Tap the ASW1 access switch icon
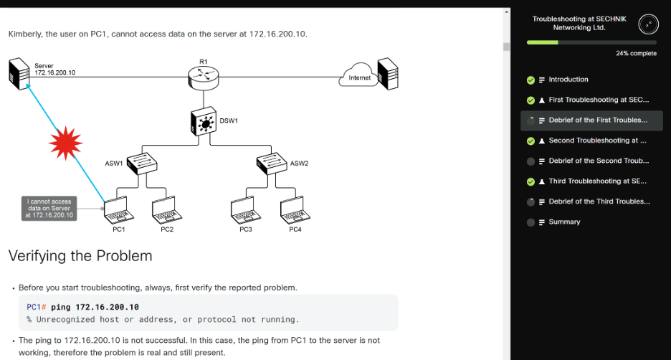tap(142, 163)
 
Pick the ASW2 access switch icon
tap(272, 163)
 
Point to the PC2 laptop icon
tap(167, 209)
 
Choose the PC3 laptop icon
tap(245, 209)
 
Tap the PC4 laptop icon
tap(295, 209)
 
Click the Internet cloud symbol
tap(358, 77)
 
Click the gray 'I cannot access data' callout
tap(49, 208)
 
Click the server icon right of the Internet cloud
tap(388, 73)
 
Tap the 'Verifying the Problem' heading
tap(80, 255)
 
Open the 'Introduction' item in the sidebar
tap(568, 80)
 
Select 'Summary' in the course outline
tap(564, 222)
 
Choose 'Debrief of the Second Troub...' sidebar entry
tap(599, 161)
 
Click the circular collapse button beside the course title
tap(647, 24)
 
